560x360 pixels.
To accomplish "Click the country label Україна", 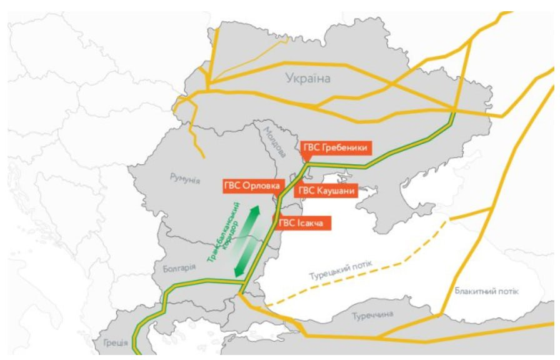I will [x=307, y=78].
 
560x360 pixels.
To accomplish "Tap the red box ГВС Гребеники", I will [x=336, y=149].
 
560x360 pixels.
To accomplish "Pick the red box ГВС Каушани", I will [x=326, y=191].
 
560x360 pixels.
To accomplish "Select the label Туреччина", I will [x=372, y=314].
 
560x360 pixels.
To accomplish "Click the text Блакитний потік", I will [x=487, y=292].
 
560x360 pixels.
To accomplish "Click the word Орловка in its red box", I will [x=262, y=186].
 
